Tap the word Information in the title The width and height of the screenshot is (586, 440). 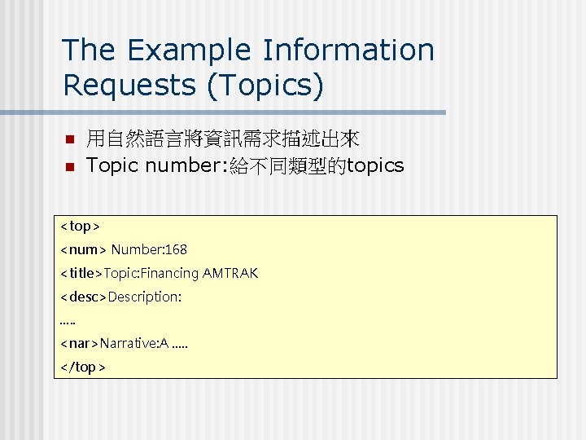pyautogui.click(x=348, y=50)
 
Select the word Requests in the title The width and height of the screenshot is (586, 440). pyautogui.click(x=130, y=85)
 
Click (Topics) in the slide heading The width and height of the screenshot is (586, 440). pyautogui.click(x=266, y=85)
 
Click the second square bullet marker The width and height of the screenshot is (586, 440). pyautogui.click(x=69, y=167)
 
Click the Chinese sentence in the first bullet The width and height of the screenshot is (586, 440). pyautogui.click(x=223, y=139)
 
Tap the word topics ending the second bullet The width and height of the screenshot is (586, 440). pyautogui.click(x=375, y=166)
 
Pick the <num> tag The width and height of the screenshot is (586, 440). pyautogui.click(x=83, y=249)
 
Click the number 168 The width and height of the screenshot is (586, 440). pyautogui.click(x=175, y=249)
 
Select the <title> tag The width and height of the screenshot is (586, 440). pyautogui.click(x=81, y=273)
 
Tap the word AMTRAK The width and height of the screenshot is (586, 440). pyautogui.click(x=230, y=273)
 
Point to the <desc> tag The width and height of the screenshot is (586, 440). pyautogui.click(x=83, y=297)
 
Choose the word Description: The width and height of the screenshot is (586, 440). pyautogui.click(x=145, y=297)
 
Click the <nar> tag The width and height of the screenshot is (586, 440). pyautogui.click(x=80, y=344)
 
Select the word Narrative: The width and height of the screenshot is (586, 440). pyautogui.click(x=130, y=344)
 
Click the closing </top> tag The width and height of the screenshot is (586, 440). pyautogui.click(x=83, y=367)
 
